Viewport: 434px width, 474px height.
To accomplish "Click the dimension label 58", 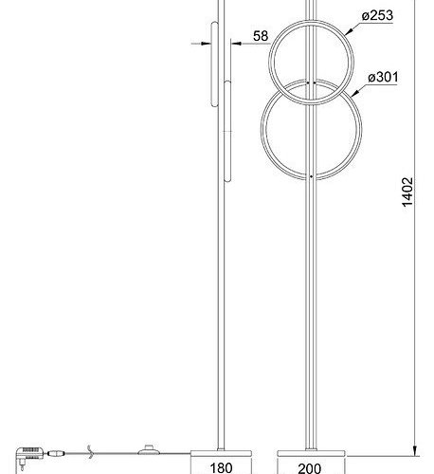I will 260,37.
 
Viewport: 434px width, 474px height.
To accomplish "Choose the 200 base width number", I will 310,465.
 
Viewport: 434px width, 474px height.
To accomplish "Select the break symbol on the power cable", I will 88,452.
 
